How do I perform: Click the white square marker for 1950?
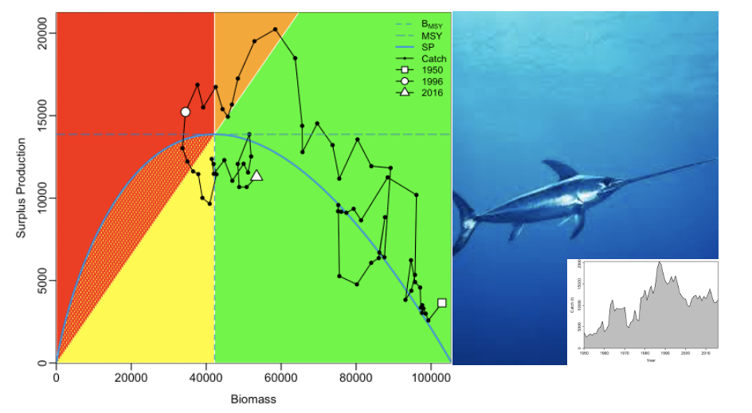[442, 303]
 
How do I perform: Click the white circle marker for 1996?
[185, 112]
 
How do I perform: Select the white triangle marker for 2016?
[256, 175]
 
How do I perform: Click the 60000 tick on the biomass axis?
[280, 377]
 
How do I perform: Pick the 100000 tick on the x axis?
[430, 377]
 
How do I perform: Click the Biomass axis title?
[253, 399]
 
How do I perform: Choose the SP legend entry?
[427, 47]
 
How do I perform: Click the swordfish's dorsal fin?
[561, 169]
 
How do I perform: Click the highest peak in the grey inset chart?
[660, 262]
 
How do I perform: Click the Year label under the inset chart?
[651, 360]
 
